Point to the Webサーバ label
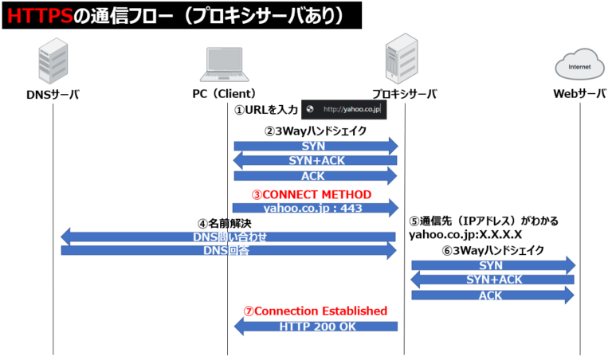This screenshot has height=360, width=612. coord(580,94)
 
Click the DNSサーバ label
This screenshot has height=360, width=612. coord(53,94)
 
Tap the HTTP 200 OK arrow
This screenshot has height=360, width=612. coord(315,326)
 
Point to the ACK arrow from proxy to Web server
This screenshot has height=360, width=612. coord(492,295)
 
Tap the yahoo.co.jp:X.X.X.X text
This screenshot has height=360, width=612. coord(465,235)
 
